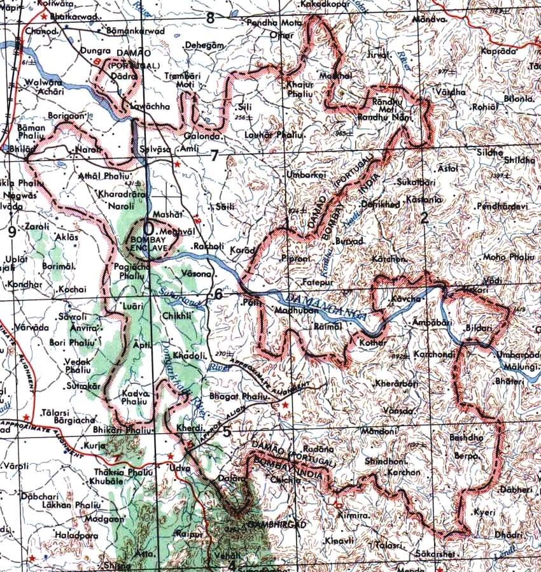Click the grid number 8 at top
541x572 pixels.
pos(210,18)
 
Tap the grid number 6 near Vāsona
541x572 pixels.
pos(218,294)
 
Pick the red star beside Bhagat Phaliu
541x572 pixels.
pos(285,405)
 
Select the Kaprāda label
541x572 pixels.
pos(499,50)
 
